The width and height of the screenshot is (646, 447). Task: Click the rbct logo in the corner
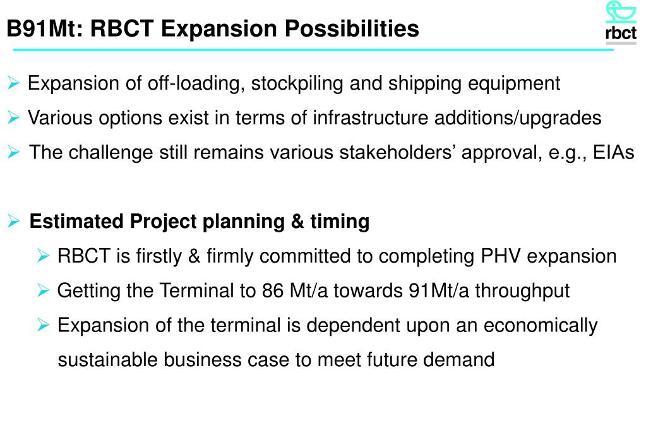(x=621, y=22)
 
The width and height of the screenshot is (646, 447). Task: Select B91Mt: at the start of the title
(x=41, y=29)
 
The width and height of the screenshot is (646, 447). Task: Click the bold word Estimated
(x=78, y=222)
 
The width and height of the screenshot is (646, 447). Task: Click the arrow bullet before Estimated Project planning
(x=15, y=222)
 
